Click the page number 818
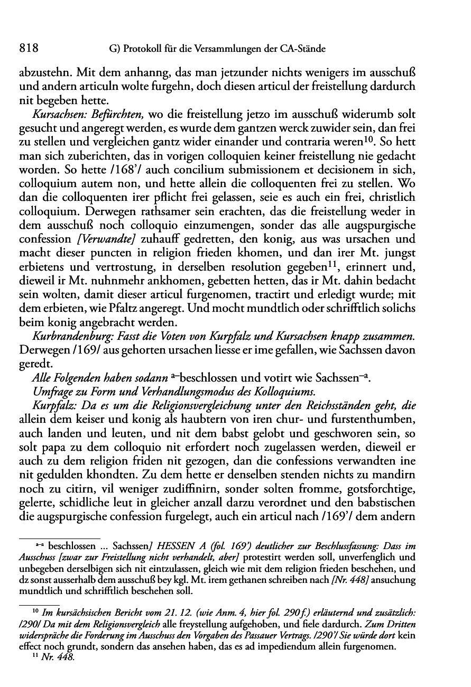click(x=27, y=49)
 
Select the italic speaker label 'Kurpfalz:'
click(x=51, y=405)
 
